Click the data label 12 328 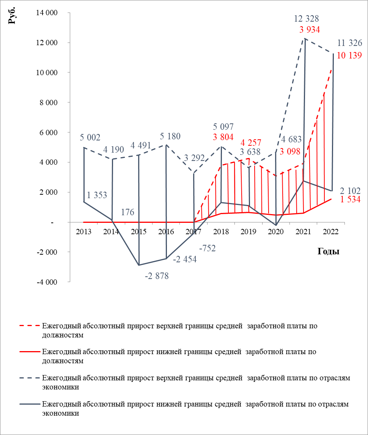click(x=307, y=18)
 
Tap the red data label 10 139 click(x=349, y=55)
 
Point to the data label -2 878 click(x=157, y=276)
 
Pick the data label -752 click(x=207, y=249)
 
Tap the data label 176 click(x=128, y=212)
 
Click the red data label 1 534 click(x=350, y=200)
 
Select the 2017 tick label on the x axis click(x=194, y=232)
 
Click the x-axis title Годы click(x=328, y=251)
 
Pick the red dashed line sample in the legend click(x=29, y=326)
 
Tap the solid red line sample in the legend click(x=29, y=352)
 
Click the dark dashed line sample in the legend click(x=29, y=378)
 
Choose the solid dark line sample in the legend click(x=29, y=404)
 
